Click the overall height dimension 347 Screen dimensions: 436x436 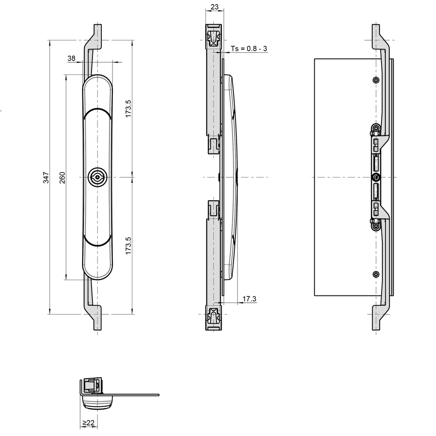coord(46,177)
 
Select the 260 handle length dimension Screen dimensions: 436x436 coord(62,177)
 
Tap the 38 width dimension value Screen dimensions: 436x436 coord(72,58)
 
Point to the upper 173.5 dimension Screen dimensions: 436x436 coord(129,108)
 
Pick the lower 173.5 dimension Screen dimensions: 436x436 coord(129,246)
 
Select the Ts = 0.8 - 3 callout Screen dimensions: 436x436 coord(249,49)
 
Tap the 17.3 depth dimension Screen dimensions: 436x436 coord(249,299)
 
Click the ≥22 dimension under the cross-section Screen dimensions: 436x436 coord(88,423)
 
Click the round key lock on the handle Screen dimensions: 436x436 coord(98,177)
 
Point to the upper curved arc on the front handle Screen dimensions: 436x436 coord(98,110)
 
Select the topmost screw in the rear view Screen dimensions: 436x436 coord(375,80)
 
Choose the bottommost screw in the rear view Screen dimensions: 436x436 coord(375,274)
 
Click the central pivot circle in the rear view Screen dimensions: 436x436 coord(375,177)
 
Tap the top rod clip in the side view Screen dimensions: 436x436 coord(213,38)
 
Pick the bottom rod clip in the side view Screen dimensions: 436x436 coord(213,316)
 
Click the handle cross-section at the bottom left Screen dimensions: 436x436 coord(97,394)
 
